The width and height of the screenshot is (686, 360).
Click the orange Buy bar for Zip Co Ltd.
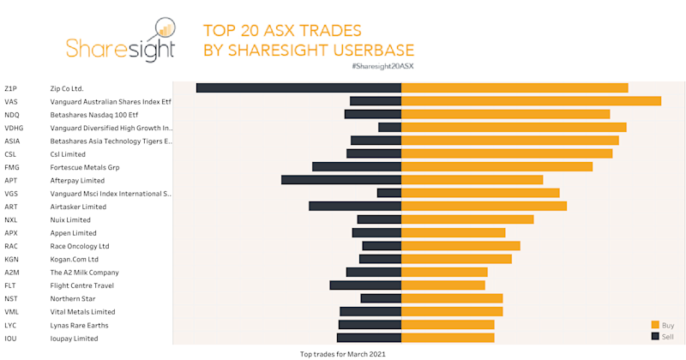point(514,87)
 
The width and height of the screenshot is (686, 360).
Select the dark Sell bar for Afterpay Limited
point(341,180)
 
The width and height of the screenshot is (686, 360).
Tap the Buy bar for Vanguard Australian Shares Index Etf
point(531,101)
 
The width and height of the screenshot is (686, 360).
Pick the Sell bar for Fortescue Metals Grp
point(357,167)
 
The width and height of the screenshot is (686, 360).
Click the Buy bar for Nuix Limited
point(467,219)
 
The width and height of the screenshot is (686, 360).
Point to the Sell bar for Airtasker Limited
point(355,207)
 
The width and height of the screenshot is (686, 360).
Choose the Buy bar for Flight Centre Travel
point(442,285)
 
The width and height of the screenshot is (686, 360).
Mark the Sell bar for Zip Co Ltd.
point(298,87)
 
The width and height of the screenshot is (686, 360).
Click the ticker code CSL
point(11,154)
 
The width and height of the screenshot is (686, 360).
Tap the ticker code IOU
point(11,339)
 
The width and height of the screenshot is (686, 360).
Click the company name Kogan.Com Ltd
point(75,259)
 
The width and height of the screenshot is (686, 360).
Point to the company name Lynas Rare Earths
point(80,326)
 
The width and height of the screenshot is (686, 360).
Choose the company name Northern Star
point(74,299)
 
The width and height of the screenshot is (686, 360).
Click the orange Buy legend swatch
point(655,325)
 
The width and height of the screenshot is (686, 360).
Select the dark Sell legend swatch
point(655,337)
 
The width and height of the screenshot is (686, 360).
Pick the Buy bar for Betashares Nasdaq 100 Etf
point(505,114)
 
